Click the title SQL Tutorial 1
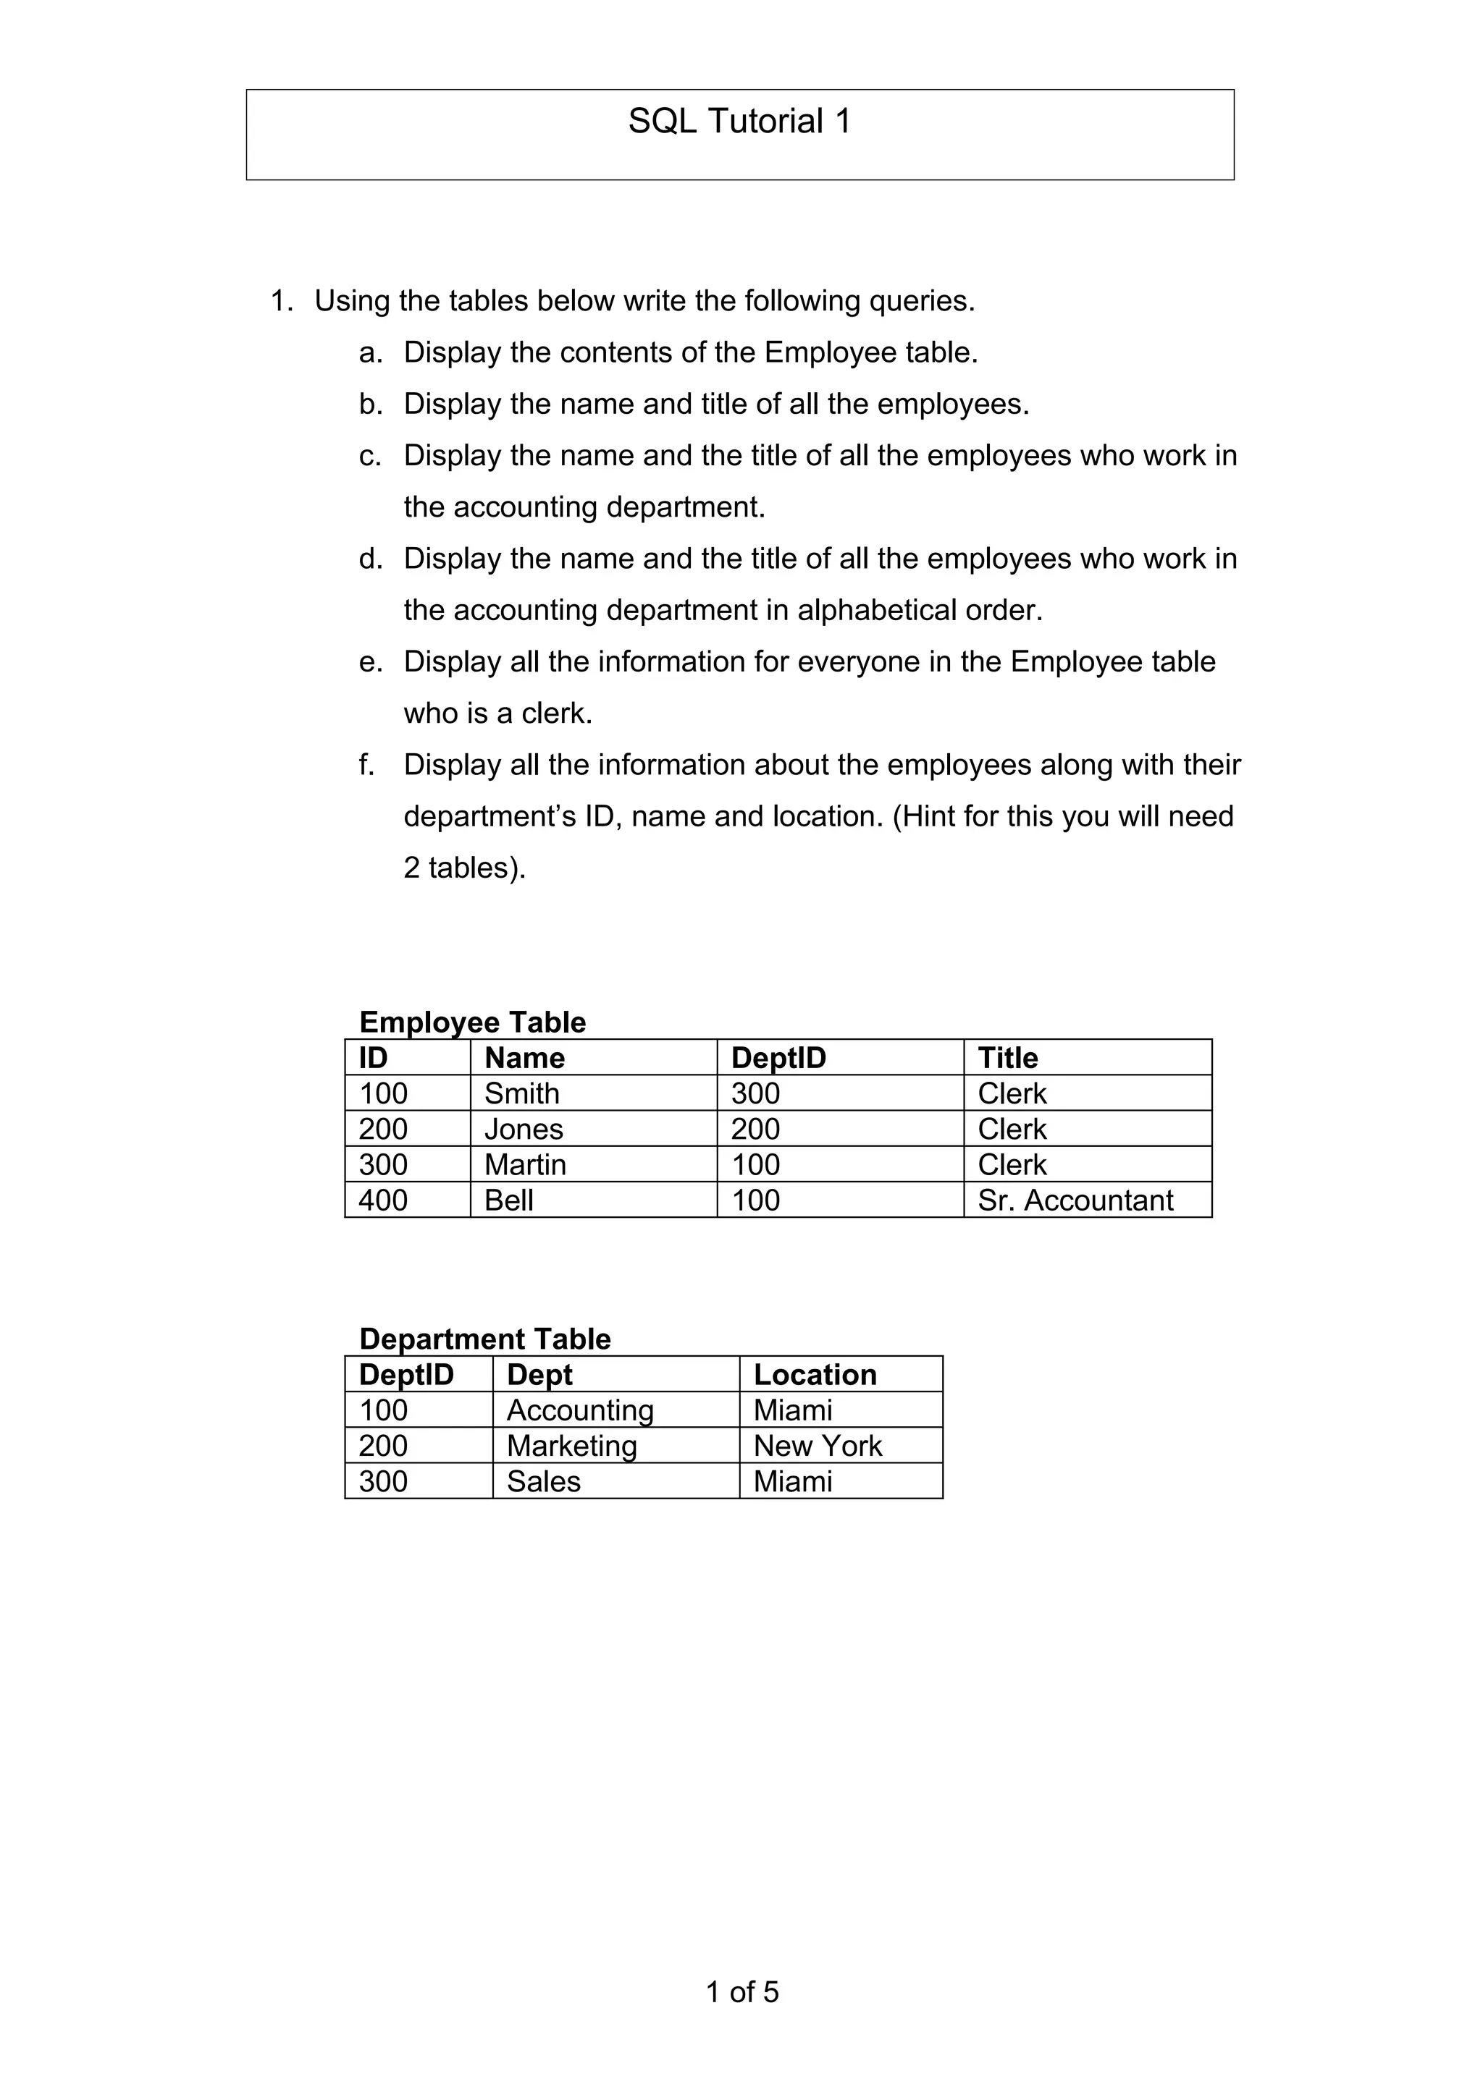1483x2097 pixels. [739, 122]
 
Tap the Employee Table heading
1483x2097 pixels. [471, 1022]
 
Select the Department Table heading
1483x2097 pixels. [484, 1339]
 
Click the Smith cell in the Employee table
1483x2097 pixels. [522, 1093]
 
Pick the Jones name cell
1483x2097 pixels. [524, 1129]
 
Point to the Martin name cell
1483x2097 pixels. [526, 1164]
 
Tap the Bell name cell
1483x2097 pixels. [509, 1200]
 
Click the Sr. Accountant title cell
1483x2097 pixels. [1075, 1200]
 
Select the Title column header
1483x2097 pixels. [1008, 1058]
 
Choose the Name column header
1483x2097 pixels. [524, 1058]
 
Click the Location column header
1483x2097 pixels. [815, 1375]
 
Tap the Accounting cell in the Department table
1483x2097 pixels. [580, 1410]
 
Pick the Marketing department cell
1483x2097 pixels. [572, 1446]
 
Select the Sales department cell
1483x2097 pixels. [544, 1481]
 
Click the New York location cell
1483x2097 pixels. [818, 1446]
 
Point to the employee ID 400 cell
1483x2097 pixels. [383, 1200]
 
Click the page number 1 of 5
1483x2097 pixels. [742, 1992]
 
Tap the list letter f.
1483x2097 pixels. [366, 764]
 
